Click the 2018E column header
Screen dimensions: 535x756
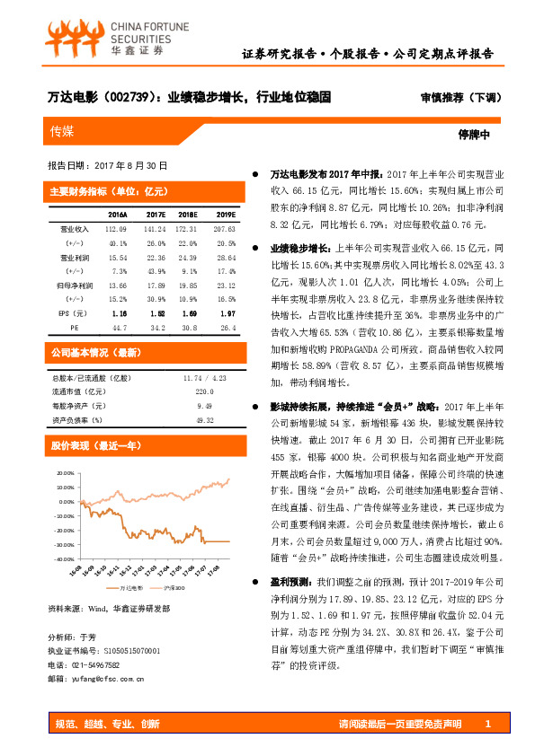(188, 215)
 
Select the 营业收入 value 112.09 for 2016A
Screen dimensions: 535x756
(118, 229)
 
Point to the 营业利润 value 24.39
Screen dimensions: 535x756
(188, 257)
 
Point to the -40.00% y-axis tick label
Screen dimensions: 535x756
(64, 558)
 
